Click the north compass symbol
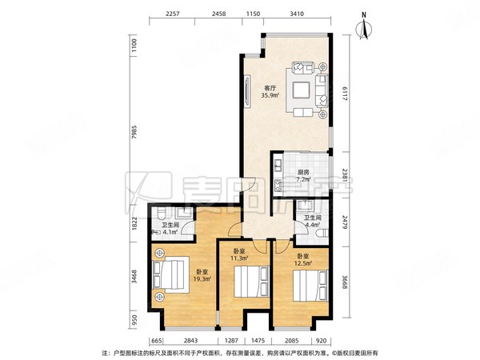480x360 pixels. tap(364, 27)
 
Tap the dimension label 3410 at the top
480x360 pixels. tap(297, 14)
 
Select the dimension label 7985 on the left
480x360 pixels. tap(134, 132)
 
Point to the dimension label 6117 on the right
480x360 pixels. tap(345, 94)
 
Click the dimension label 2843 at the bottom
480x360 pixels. tap(190, 341)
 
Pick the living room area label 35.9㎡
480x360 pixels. tap(270, 95)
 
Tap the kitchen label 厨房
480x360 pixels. tap(303, 173)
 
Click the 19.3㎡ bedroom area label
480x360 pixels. tap(202, 279)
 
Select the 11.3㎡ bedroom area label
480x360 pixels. tap(239, 258)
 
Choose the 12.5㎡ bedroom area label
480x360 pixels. tap(303, 263)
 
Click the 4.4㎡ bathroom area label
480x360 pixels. tap(312, 224)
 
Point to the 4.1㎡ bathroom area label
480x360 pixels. tap(170, 232)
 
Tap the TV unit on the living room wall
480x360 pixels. tap(247, 91)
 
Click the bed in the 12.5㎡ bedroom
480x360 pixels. tap(310, 286)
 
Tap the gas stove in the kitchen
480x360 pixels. tap(278, 185)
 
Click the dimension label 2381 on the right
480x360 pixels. tap(345, 175)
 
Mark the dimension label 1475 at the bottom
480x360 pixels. tap(258, 341)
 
